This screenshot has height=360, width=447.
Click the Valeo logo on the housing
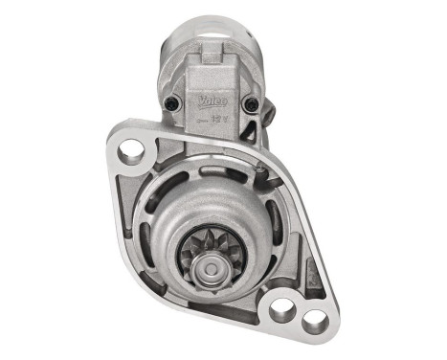point(212,98)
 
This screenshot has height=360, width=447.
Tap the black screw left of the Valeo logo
point(172,104)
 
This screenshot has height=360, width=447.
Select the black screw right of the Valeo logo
point(251,104)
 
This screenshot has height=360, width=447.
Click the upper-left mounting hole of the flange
point(132,149)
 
